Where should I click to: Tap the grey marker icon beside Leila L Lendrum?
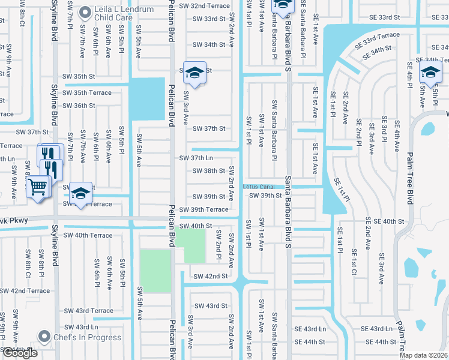click(x=86, y=11)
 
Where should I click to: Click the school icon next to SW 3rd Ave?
click(x=194, y=72)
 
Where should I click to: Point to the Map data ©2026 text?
click(x=423, y=355)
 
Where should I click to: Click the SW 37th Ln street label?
click(x=196, y=158)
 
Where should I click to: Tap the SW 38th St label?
click(x=208, y=170)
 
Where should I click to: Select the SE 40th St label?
click(x=389, y=221)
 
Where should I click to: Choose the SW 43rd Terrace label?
click(x=89, y=311)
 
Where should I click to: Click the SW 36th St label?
click(x=79, y=106)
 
